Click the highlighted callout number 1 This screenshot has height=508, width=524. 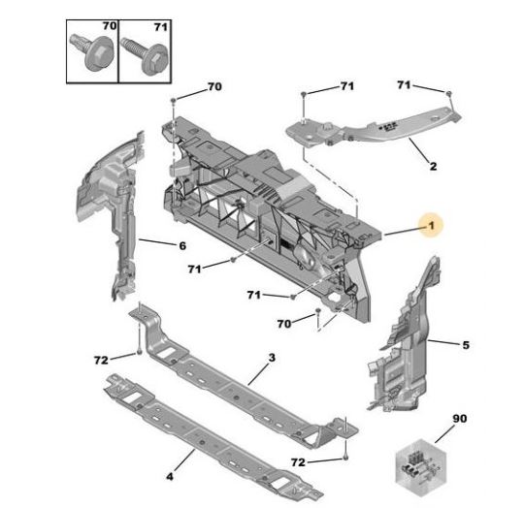pos(431,226)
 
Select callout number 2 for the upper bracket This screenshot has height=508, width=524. pos(433,166)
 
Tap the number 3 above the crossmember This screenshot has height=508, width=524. pos(272,358)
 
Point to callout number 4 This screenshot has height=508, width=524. pos(170,477)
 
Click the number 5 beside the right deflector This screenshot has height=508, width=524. pos(466,345)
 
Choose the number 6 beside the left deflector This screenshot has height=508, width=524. pos(182,246)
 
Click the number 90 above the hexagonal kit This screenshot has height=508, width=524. pos(460,418)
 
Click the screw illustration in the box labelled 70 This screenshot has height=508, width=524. pos(92,52)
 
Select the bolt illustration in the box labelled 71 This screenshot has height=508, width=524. pos(145,55)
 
